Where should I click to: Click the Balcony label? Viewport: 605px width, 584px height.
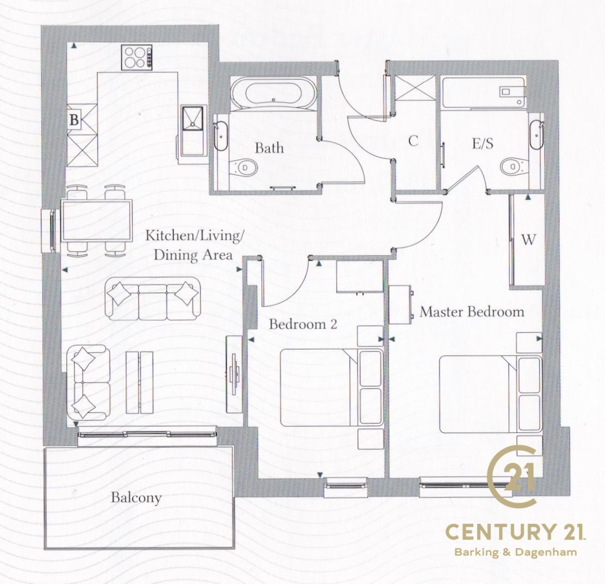136,498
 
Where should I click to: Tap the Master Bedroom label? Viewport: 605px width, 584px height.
472,312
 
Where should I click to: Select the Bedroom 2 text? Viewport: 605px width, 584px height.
303,324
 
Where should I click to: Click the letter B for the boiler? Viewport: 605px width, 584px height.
74,120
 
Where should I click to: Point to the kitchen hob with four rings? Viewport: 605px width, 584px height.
137,57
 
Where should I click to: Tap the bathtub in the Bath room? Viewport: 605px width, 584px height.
273,94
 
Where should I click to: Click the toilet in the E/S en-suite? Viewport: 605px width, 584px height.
514,166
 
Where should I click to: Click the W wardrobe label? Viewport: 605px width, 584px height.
528,240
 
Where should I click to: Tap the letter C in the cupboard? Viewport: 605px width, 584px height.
413,141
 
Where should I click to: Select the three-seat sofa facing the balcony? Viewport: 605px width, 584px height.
153,299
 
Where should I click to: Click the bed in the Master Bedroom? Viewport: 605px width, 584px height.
491,394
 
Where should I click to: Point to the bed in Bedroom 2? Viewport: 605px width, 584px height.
331,387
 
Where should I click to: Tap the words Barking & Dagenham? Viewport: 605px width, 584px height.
516,552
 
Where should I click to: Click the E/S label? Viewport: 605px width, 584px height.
482,144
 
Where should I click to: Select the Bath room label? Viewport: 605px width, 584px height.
269,148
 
